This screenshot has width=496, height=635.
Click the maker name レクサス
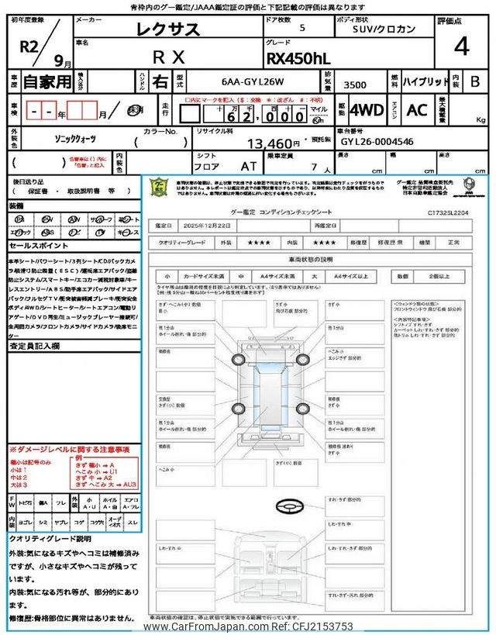168,30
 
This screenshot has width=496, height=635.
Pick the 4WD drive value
366,109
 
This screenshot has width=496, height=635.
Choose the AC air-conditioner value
417,109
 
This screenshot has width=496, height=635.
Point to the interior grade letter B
474,81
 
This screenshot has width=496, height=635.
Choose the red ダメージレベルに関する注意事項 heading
70,450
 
